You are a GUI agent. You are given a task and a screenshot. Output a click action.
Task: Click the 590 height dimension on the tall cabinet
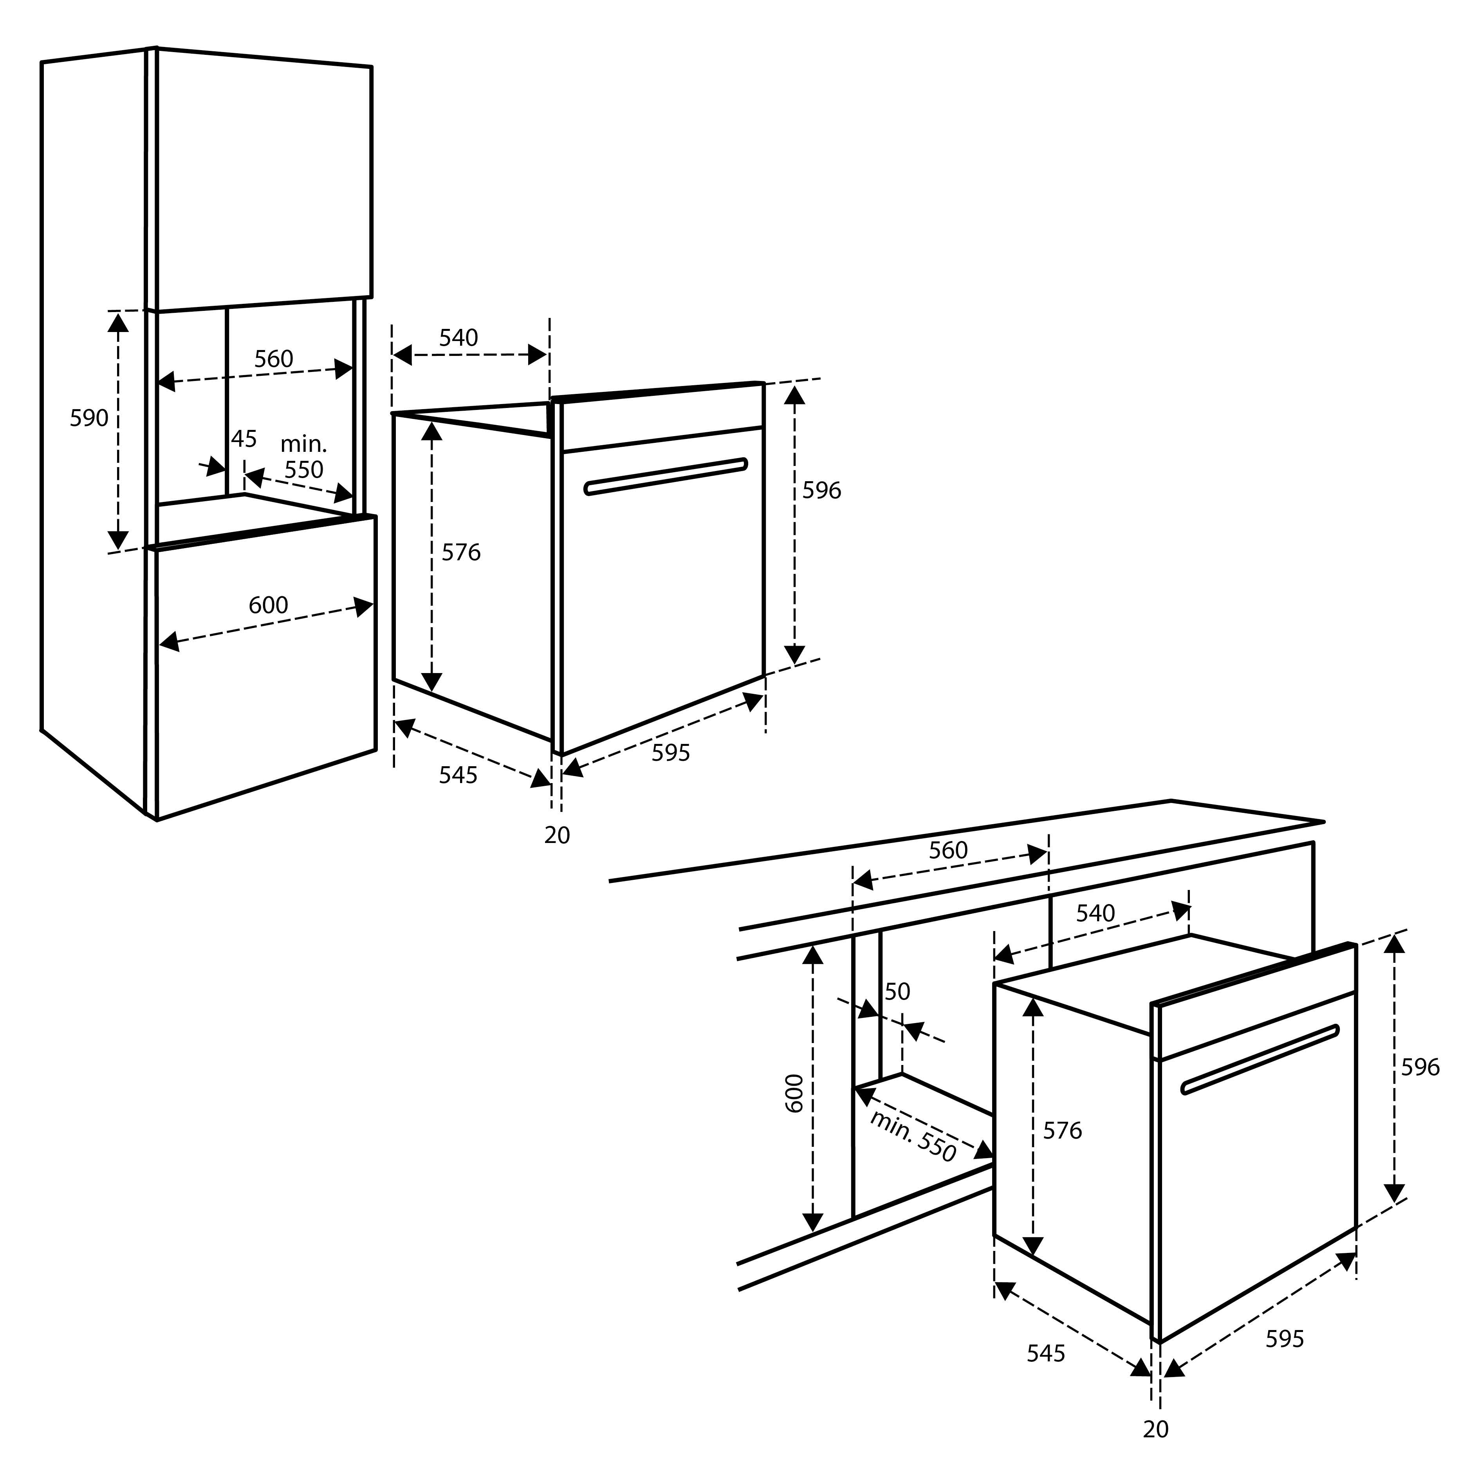tap(89, 418)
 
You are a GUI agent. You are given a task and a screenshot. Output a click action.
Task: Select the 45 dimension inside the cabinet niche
tap(244, 439)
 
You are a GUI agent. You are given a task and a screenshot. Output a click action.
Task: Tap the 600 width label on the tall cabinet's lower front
tap(268, 605)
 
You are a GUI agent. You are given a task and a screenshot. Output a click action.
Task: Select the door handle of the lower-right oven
tap(1260, 1059)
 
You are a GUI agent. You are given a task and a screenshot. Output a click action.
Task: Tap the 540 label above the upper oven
tap(458, 338)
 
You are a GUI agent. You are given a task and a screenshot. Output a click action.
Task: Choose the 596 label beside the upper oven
tap(821, 490)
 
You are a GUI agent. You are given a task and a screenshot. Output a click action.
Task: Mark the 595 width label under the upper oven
tap(670, 753)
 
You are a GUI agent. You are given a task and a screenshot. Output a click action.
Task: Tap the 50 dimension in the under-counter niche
tap(897, 991)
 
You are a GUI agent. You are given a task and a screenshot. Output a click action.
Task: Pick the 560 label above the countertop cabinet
tap(948, 850)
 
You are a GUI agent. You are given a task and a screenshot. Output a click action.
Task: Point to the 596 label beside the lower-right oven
tap(1420, 1067)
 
